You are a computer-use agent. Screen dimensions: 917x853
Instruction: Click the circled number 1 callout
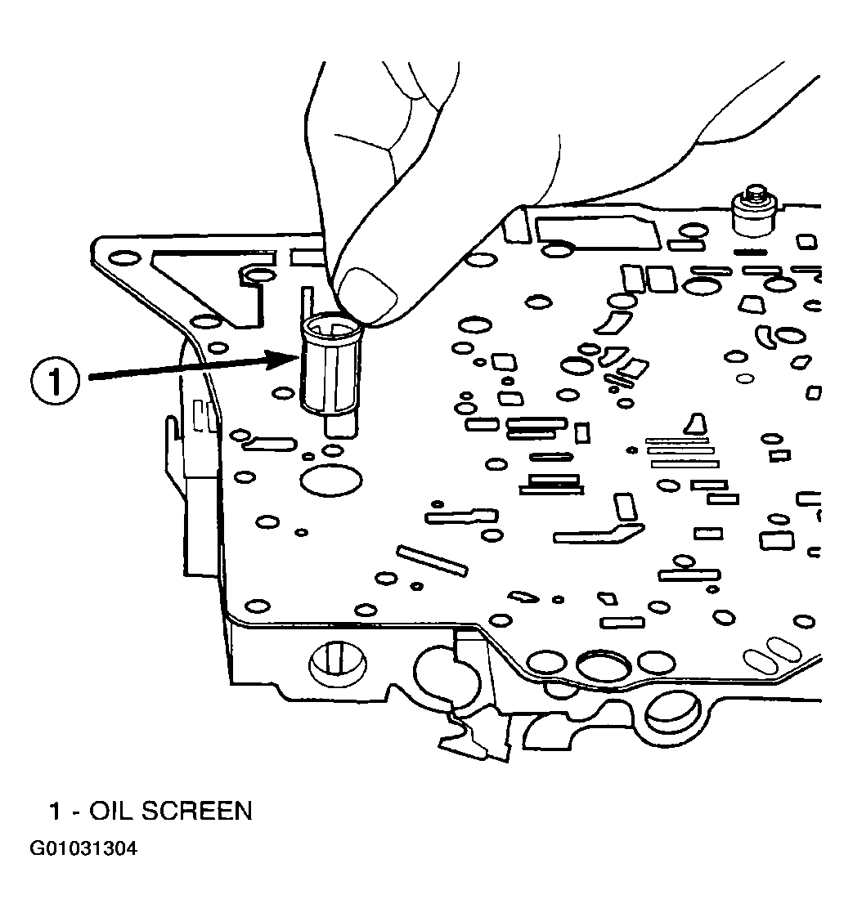click(x=56, y=381)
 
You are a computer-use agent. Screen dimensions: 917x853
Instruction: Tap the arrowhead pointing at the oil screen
click(x=291, y=356)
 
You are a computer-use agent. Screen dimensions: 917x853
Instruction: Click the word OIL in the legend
click(x=110, y=811)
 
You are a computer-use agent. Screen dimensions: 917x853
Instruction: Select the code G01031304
click(x=83, y=848)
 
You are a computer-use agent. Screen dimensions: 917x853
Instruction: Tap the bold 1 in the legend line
click(x=56, y=811)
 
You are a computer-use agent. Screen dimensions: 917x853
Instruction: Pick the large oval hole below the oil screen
click(x=330, y=480)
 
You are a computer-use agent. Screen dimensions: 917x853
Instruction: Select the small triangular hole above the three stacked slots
click(x=696, y=423)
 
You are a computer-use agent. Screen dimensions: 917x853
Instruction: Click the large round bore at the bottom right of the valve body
click(x=671, y=710)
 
